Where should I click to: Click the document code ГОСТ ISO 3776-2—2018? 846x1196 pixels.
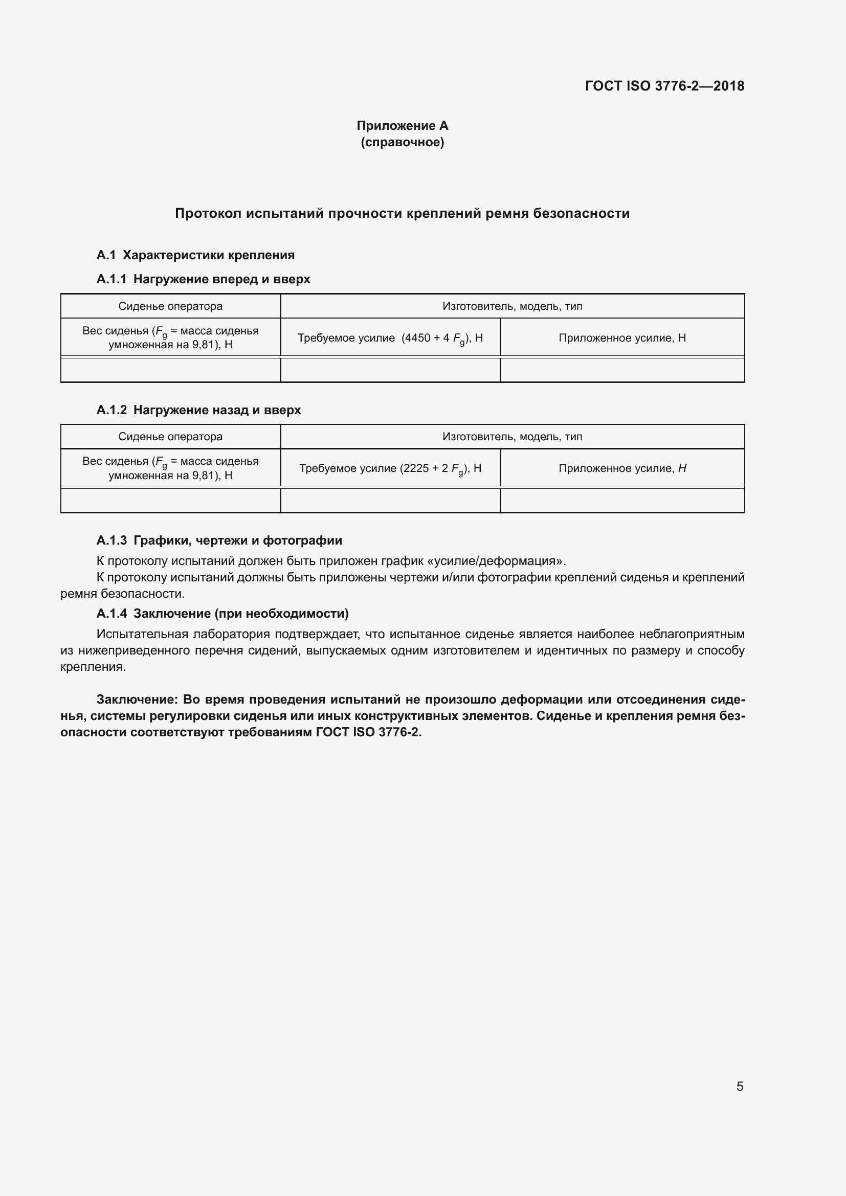coord(665,86)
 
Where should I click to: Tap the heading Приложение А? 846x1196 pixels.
coord(402,126)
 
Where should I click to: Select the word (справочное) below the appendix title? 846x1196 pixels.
coord(402,142)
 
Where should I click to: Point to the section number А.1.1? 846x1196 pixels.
coord(112,279)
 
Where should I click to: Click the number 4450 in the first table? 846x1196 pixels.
coord(417,338)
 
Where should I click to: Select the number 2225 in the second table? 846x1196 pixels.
coord(414,468)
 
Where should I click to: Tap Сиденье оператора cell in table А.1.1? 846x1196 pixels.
coord(170,306)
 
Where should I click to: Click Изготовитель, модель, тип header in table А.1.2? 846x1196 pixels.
coord(512,437)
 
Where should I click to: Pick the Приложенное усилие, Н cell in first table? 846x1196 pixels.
coord(622,338)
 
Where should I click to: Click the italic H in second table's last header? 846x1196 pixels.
coord(682,468)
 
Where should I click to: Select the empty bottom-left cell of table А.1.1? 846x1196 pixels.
coord(170,370)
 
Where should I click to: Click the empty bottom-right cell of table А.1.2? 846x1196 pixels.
coord(622,500)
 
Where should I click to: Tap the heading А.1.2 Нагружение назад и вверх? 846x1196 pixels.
coord(198,410)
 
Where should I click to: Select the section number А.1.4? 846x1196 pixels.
coord(112,614)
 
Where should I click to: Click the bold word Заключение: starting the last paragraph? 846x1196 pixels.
coord(138,699)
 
